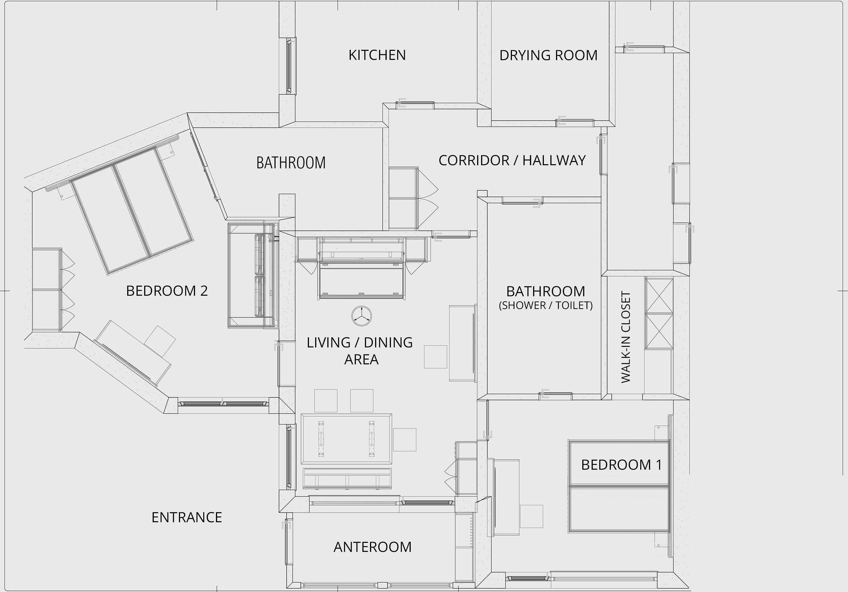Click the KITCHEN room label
click(x=377, y=55)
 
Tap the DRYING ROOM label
click(x=548, y=55)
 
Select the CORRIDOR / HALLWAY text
click(x=512, y=160)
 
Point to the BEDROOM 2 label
click(x=167, y=291)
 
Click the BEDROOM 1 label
click(x=622, y=465)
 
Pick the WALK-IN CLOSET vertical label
click(x=626, y=337)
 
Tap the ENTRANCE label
click(x=187, y=517)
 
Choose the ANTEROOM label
click(x=373, y=547)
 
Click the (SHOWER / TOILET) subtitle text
click(x=546, y=306)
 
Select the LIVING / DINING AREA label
click(x=360, y=351)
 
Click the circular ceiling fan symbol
click(x=362, y=316)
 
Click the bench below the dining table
click(x=347, y=479)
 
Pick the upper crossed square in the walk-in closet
click(x=659, y=296)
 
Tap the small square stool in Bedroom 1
click(x=531, y=516)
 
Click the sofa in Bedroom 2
click(x=253, y=275)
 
